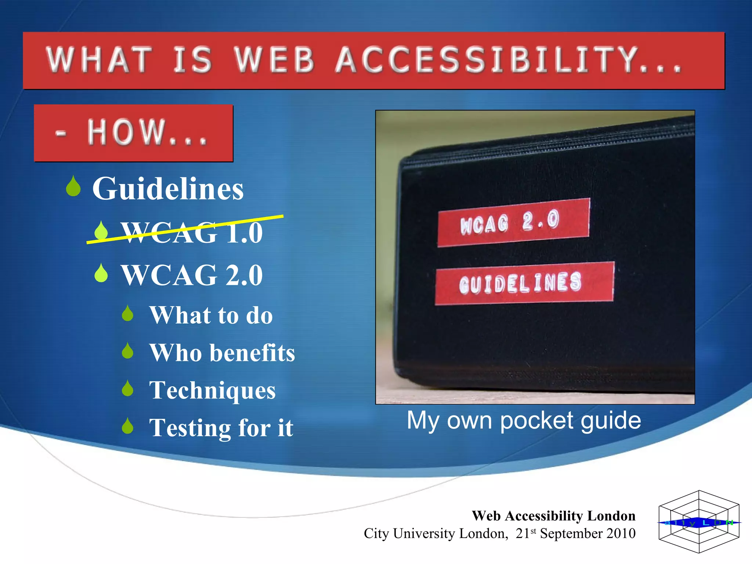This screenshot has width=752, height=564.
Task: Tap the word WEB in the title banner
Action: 275,59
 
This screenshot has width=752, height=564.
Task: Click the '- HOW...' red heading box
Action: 133,133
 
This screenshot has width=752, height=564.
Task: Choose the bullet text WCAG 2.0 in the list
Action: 192,275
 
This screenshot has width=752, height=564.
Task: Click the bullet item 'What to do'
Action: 211,315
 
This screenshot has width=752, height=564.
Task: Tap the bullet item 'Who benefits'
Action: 222,352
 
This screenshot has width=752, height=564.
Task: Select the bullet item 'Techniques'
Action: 212,390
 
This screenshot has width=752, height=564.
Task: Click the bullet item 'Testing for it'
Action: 221,428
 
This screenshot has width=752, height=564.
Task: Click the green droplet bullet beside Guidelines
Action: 73,187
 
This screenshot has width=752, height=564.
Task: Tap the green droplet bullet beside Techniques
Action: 127,388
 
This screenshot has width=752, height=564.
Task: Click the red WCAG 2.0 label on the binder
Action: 513,222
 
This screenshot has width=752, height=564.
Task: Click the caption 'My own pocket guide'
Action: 524,420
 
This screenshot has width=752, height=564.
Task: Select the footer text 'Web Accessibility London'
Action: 553,516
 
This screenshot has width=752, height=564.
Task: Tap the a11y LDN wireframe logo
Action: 699,522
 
